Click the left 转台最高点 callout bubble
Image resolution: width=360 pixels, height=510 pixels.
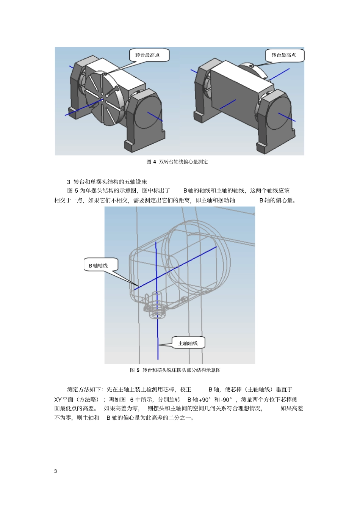[x=149, y=55]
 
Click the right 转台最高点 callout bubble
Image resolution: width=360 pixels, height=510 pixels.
[x=285, y=55]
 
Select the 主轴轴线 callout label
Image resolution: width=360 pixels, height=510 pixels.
[x=188, y=343]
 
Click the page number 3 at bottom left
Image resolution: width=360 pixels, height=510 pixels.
[x=56, y=471]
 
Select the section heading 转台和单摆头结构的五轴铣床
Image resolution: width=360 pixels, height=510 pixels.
[x=110, y=182]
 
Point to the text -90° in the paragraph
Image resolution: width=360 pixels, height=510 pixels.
[x=226, y=400]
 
